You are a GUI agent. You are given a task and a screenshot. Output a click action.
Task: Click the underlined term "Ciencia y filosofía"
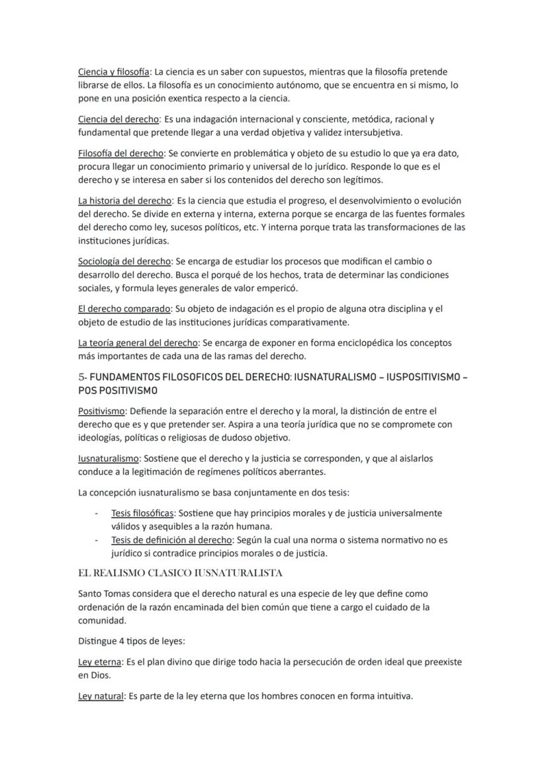click(x=113, y=71)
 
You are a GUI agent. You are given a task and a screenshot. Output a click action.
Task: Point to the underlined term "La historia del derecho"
click(x=125, y=201)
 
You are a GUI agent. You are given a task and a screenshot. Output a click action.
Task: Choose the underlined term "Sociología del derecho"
click(x=124, y=261)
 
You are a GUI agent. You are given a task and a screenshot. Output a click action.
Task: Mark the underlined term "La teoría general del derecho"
click(x=138, y=343)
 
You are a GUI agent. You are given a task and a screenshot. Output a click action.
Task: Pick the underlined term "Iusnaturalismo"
click(x=109, y=458)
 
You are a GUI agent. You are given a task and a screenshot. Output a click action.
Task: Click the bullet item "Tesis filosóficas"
click(x=142, y=513)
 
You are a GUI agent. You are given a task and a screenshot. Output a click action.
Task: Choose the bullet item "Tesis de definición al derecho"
click(x=171, y=540)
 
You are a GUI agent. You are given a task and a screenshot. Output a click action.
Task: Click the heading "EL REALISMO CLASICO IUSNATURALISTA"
click(x=180, y=572)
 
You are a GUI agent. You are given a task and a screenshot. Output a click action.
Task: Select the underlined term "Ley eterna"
click(x=100, y=662)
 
